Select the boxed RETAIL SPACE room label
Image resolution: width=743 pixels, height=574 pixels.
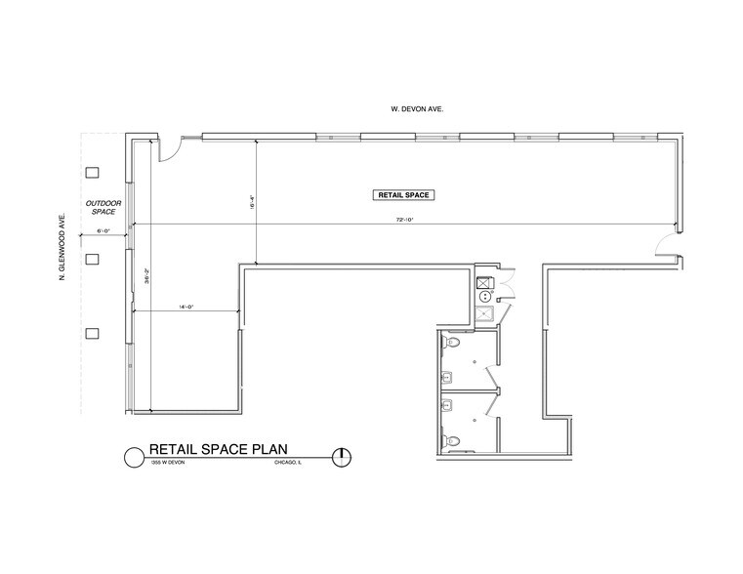point(403,195)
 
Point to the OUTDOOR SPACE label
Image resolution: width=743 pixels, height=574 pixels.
point(103,207)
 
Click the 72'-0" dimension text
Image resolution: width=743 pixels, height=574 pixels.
point(405,220)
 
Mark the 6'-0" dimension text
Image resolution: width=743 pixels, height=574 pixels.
point(104,231)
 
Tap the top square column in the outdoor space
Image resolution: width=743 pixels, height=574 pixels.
point(93,173)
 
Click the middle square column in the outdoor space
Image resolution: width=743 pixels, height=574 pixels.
point(93,259)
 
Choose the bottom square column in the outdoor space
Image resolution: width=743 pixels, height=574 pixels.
point(93,334)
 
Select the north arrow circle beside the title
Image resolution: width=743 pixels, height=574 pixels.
point(342,456)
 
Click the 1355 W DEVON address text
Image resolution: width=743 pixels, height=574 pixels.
point(167,464)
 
